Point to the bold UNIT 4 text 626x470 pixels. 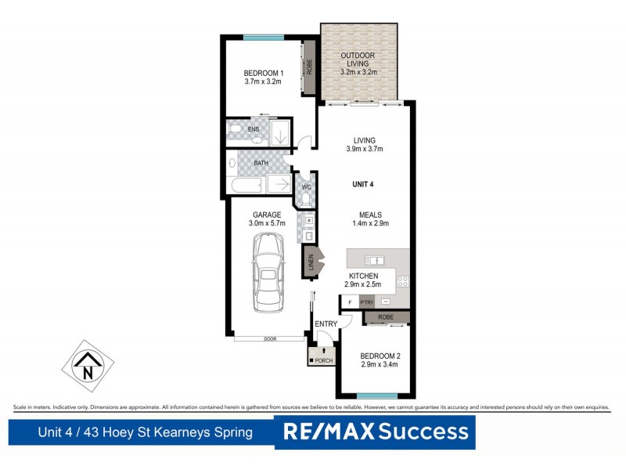click(364, 185)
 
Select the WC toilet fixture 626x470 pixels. click(305, 199)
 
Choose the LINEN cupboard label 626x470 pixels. click(311, 262)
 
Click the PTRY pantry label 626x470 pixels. click(366, 302)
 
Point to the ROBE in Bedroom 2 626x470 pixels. click(386, 317)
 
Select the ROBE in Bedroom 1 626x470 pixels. click(309, 66)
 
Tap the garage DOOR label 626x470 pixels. click(270, 339)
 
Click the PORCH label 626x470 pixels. click(323, 360)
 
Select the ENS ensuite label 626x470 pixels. click(254, 129)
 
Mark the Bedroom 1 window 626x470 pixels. click(263, 37)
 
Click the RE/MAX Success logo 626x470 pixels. click(375, 432)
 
